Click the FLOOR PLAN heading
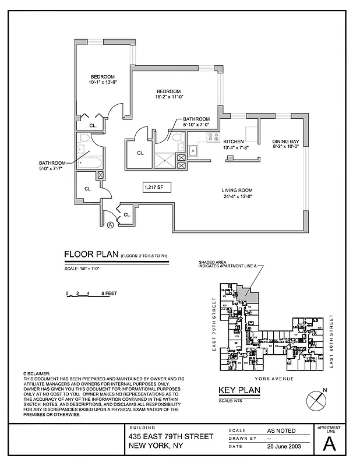click(90, 255)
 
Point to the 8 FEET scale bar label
click(109, 294)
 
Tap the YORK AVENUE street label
click(263, 379)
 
